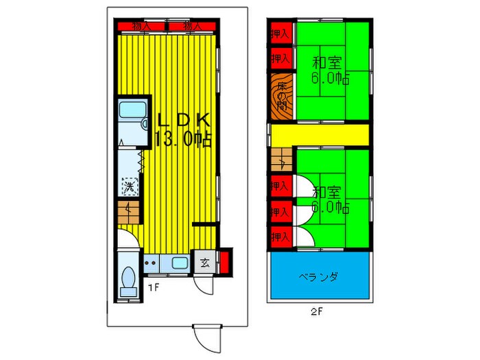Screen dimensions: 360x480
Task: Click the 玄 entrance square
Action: coord(206,261)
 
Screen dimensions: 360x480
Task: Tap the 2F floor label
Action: coord(316,310)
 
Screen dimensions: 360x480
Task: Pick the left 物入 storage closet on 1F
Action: coord(142,26)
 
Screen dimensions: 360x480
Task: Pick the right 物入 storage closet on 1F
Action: coord(193,26)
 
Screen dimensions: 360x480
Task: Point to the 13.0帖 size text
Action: coord(183,140)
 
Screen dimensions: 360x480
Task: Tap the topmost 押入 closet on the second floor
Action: coord(280,32)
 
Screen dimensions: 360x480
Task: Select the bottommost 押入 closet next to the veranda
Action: coord(280,237)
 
